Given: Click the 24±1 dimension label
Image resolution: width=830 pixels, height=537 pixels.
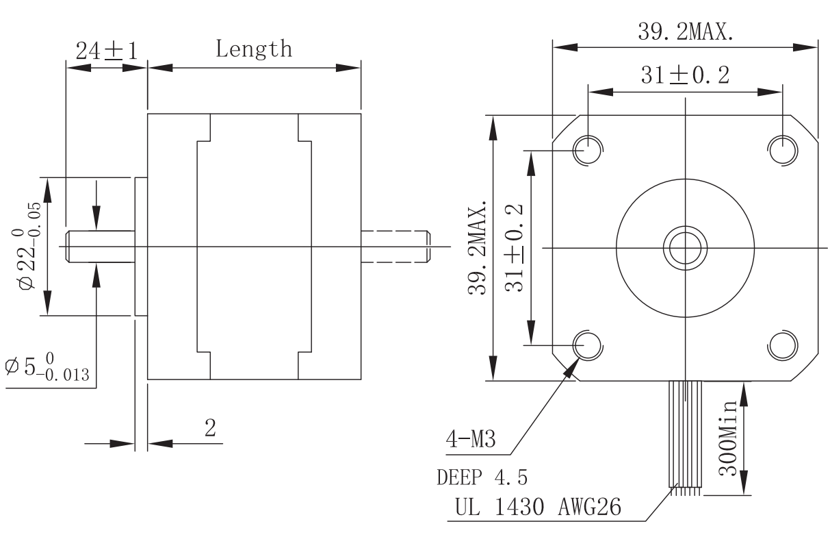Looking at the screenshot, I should pos(106,51).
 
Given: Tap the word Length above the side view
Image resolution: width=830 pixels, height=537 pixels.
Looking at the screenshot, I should pos(254,49).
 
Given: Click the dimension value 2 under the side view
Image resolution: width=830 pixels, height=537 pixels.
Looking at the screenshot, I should pos(210,429).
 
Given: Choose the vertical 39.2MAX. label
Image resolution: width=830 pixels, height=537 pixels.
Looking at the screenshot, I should pos(477,247).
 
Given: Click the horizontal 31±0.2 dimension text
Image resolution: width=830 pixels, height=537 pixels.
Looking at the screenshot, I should pos(685,75).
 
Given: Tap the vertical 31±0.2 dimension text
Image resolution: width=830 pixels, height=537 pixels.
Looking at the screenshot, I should pos(515,247).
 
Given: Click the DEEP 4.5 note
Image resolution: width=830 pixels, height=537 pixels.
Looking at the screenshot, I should pos(482,477).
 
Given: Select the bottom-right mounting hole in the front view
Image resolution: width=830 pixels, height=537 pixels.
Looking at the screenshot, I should pos(782,345).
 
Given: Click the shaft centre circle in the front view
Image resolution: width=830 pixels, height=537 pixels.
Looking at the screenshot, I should pos(685,247).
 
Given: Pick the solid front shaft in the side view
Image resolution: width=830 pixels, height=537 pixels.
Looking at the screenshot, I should pos(99,247).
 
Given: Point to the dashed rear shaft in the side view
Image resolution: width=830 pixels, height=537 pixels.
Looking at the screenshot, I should pos(395,247).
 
